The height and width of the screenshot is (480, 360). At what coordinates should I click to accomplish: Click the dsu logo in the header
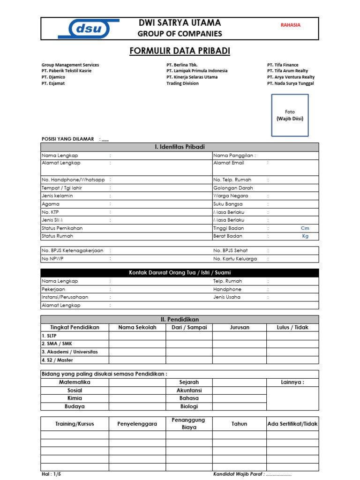click(89, 29)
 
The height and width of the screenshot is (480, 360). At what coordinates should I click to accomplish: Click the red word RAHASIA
click(290, 25)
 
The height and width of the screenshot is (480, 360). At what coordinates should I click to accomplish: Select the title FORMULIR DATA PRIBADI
click(180, 51)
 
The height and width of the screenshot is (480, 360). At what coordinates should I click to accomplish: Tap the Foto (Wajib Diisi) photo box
click(290, 115)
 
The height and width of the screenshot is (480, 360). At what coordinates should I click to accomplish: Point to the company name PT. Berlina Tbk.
click(182, 65)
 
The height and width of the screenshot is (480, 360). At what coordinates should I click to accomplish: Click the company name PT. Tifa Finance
click(283, 65)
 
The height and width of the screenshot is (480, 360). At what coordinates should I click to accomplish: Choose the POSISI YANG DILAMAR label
click(68, 139)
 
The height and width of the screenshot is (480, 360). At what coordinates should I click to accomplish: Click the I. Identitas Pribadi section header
click(180, 147)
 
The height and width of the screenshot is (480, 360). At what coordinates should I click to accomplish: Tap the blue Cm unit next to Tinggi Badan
click(305, 228)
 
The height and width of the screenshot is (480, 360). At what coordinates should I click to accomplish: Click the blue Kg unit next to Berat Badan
click(305, 236)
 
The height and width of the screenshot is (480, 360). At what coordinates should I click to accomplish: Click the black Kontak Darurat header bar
click(180, 273)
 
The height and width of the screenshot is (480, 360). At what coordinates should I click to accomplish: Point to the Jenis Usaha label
click(227, 297)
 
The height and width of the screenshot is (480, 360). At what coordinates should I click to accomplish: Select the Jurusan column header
click(240, 328)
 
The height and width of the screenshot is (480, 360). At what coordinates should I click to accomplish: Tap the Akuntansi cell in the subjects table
click(189, 390)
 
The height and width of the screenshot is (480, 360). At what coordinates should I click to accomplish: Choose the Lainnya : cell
click(292, 382)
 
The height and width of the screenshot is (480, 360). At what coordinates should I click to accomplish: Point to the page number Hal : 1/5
click(51, 474)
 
